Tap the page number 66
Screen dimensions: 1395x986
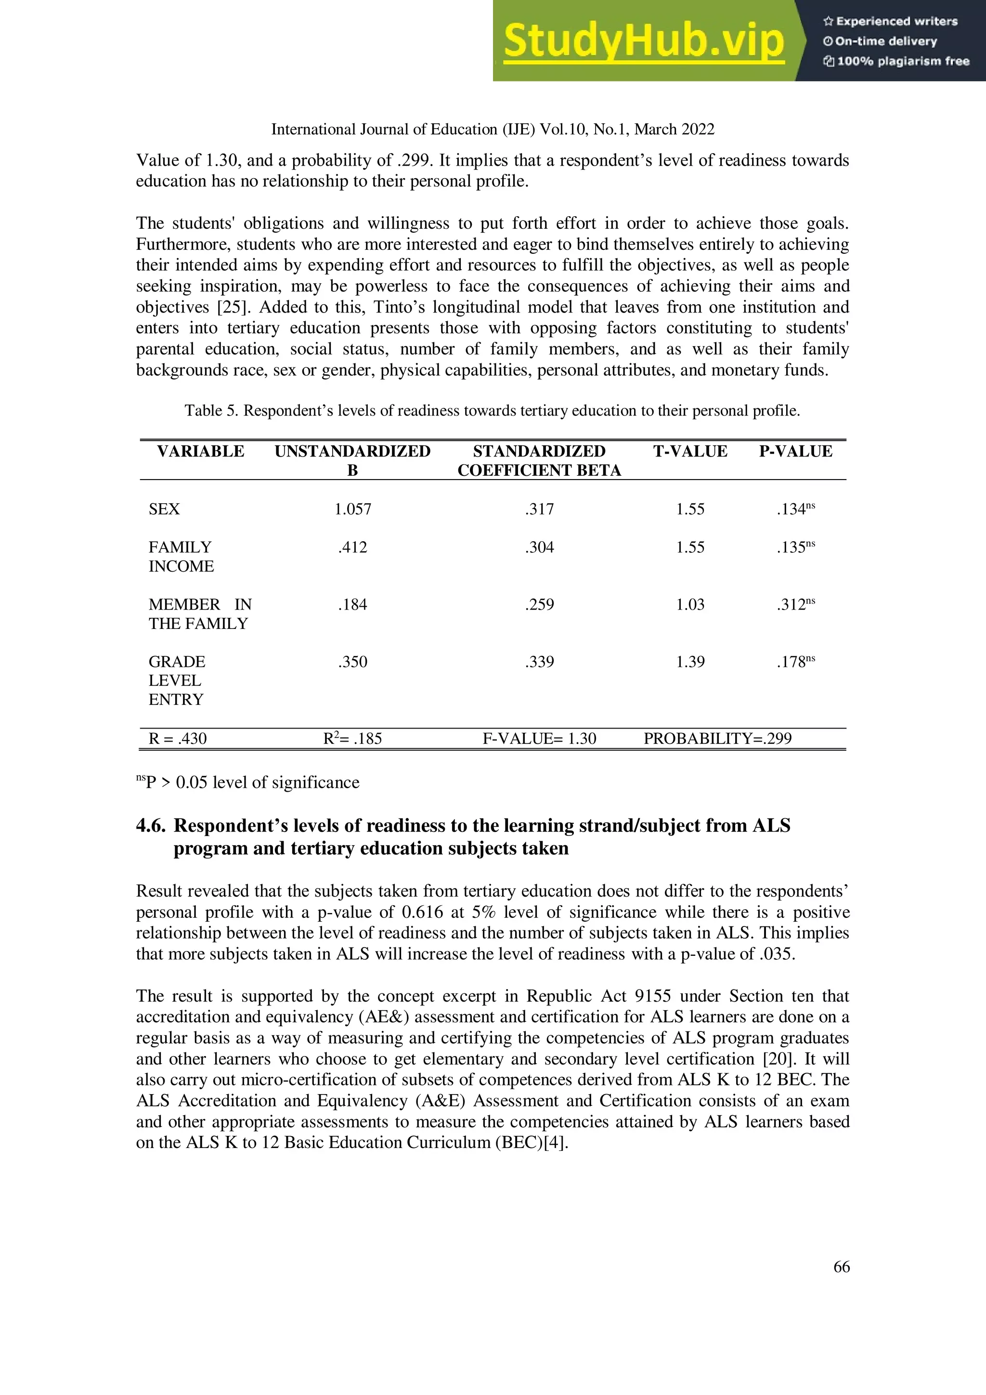[842, 1266]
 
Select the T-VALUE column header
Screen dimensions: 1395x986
[690, 451]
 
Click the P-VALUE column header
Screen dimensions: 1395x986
[795, 451]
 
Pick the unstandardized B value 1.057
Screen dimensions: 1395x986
[352, 509]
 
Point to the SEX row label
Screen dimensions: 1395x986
[164, 509]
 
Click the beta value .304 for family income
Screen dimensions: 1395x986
[540, 548]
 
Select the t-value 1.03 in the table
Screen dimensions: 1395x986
[690, 604]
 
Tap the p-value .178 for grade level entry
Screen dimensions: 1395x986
[791, 662]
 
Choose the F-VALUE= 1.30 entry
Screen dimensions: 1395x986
[540, 739]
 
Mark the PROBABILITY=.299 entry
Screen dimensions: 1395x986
[717, 739]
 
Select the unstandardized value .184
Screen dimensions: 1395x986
[352, 604]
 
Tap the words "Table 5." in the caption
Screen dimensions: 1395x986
[211, 411]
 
